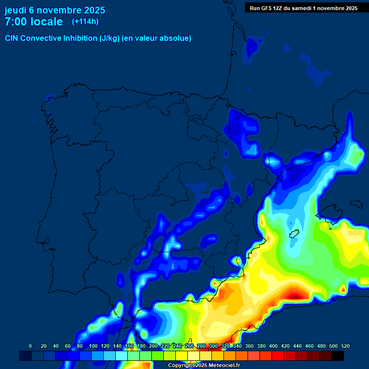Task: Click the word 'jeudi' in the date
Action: [15, 10]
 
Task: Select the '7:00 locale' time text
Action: [34, 22]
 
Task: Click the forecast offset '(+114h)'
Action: [86, 21]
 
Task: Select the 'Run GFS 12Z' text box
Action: [304, 8]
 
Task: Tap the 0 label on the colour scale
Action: [30, 346]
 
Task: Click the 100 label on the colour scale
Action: [93, 346]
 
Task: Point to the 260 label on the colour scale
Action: [189, 346]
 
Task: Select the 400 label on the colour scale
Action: [273, 346]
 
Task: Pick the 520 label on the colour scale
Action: [345, 346]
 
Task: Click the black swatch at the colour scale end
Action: [338, 356]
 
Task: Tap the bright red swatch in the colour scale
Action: [278, 356]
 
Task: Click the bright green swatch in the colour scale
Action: [158, 356]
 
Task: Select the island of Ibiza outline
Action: [294, 234]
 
